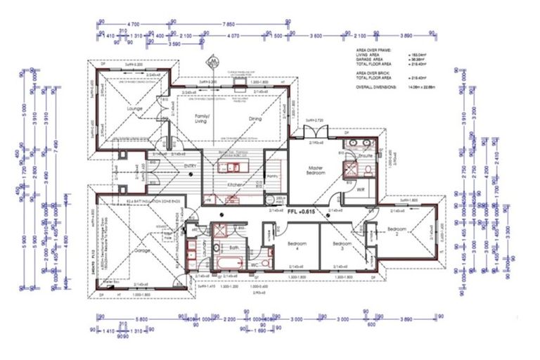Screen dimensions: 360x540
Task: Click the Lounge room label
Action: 134,109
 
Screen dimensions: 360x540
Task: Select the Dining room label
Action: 256,118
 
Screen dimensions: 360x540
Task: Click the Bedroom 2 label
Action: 397,230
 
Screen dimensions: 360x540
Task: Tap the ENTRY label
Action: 190,166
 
